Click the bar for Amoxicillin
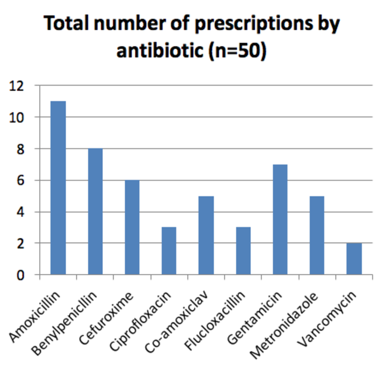[x=58, y=188]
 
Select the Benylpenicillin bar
[x=95, y=212]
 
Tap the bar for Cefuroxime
[x=132, y=227]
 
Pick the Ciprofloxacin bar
[x=169, y=251]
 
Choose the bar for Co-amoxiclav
[x=206, y=235]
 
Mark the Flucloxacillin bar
[x=243, y=251]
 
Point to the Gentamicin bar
[x=280, y=219]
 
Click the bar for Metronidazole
[x=317, y=235]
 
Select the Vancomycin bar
[x=354, y=259]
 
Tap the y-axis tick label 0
[x=21, y=275]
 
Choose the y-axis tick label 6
[x=21, y=180]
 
